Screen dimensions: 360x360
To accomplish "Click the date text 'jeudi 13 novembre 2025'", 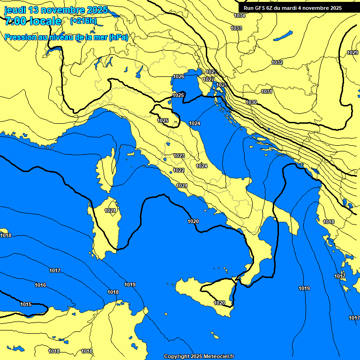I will pos(56,10).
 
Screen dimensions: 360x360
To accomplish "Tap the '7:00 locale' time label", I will pos(33,21).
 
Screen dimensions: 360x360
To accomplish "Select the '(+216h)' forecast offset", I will pos(83,21).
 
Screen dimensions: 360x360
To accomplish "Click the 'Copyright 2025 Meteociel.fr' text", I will pos(199,356).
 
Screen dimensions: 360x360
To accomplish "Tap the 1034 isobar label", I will pos(239,15).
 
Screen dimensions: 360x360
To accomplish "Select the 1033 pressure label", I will pos(236,29).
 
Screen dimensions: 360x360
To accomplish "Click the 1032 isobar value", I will pos(277,62).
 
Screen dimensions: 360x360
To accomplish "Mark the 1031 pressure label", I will pos(267,91).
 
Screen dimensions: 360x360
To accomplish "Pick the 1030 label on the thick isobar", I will pos(251,102).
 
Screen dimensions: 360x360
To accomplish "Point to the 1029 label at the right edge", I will pos(352,52).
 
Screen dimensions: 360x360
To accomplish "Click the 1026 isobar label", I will pos(179,76).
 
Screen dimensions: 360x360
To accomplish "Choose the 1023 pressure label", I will pos(179,156).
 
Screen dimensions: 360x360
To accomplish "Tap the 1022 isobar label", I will pos(179,170).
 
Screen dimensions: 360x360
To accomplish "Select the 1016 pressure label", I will pos(40,285).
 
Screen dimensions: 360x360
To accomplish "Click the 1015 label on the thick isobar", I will pos(26,304).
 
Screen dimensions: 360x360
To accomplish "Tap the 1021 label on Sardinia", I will pos(110,210).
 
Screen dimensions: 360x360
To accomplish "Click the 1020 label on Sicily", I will pos(219,303).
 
